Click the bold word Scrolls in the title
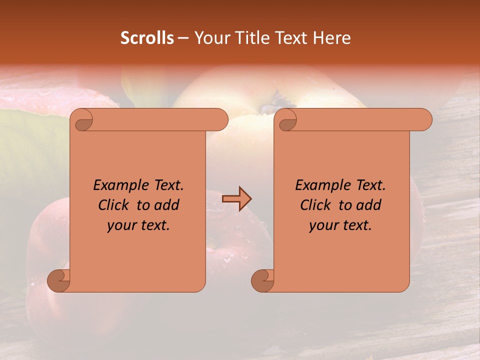[147, 38]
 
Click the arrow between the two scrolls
[236, 198]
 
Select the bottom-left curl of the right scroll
[263, 280]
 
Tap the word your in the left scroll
[122, 225]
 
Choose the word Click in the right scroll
[315, 205]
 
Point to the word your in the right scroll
[324, 225]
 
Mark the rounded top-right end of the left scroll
[220, 120]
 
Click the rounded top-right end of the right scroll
[424, 120]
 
